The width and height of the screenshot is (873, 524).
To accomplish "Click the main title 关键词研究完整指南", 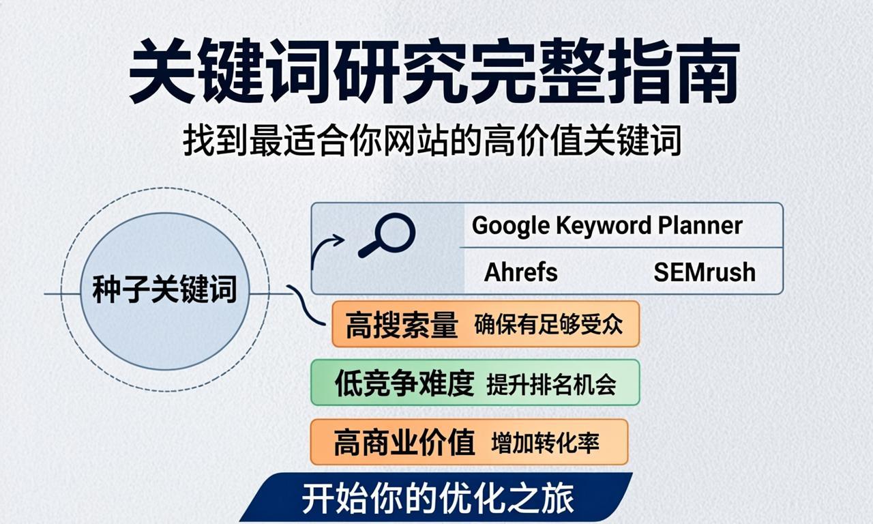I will (434, 73).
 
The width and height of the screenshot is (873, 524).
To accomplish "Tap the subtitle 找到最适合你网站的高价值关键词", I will (432, 141).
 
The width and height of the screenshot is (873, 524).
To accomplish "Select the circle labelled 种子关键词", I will (164, 289).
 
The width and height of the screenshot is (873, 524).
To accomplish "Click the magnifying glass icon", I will (386, 236).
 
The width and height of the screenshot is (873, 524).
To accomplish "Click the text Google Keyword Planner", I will (606, 225).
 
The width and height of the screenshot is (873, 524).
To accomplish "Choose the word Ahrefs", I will (520, 272).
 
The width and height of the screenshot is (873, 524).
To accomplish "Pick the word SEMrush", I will (704, 272).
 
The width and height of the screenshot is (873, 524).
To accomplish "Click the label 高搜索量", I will (401, 325).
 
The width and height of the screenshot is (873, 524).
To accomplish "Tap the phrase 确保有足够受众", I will (548, 325).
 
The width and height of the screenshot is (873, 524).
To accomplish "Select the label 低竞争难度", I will (404, 384).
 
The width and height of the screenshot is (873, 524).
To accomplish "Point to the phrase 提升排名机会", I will (551, 385).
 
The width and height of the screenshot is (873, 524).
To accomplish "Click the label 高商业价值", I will (404, 443).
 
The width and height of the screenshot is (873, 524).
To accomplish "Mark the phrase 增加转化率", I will (545, 443).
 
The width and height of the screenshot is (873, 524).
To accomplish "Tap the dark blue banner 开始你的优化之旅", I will (437, 499).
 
